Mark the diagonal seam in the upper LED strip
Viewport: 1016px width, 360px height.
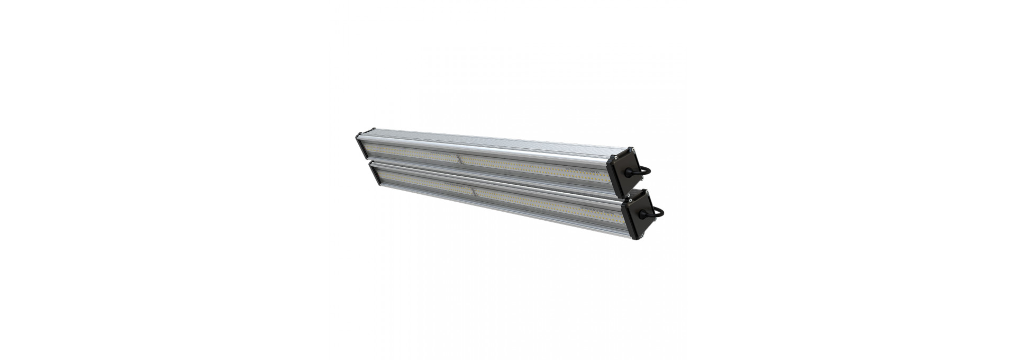(458, 159)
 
